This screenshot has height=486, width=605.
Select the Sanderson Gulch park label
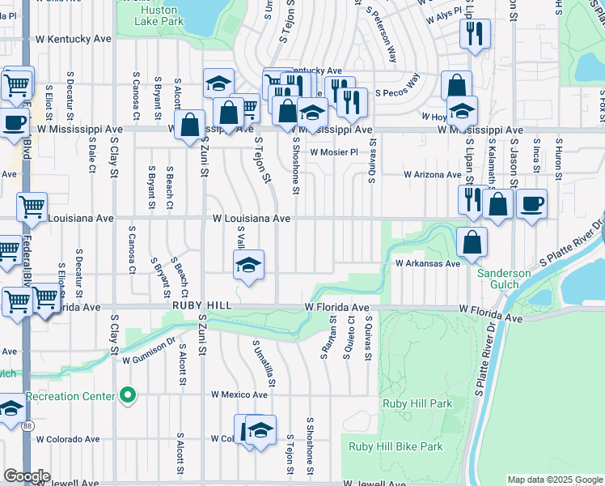tap(503, 279)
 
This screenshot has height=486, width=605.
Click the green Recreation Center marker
tap(127, 395)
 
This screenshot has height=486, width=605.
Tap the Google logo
tap(27, 476)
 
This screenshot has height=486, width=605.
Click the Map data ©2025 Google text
tap(554, 480)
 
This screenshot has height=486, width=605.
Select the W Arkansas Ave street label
tap(427, 263)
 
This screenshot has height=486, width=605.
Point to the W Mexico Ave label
tap(239, 394)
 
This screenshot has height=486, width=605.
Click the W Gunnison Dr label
tap(149, 346)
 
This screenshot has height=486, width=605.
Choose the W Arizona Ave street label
tap(433, 175)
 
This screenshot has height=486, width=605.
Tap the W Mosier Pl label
tap(333, 151)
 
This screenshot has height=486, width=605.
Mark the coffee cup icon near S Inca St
tap(531, 203)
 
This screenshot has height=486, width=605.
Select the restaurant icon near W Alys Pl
tap(473, 34)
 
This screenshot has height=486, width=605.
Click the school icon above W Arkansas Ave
tap(249, 264)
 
